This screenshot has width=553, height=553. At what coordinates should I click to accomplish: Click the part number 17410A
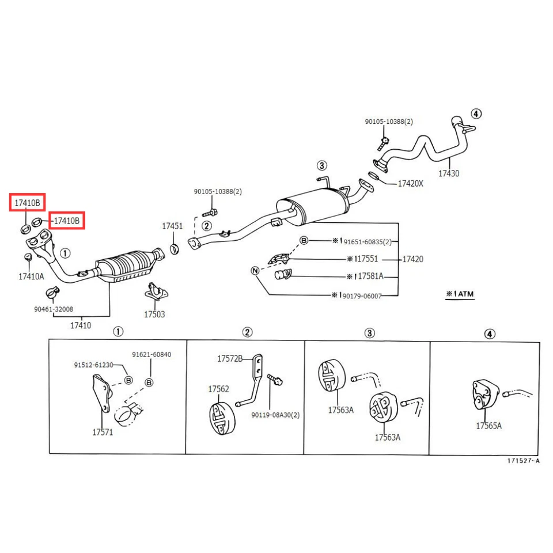31,276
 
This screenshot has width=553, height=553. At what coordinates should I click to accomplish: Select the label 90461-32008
54,309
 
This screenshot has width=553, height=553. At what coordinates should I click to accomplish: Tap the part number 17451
172,226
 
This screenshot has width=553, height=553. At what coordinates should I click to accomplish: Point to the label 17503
154,315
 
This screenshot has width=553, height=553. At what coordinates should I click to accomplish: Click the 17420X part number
410,183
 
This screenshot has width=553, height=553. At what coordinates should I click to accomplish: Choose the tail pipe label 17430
449,173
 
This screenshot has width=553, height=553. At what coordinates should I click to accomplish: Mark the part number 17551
365,259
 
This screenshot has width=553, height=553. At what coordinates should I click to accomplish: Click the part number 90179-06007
361,296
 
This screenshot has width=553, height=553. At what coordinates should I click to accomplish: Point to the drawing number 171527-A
523,461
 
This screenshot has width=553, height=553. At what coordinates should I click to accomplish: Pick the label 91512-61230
93,365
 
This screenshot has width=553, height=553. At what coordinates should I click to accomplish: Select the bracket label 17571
103,431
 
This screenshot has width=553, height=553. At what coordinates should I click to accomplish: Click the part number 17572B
230,358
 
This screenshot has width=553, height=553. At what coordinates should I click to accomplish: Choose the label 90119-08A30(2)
275,415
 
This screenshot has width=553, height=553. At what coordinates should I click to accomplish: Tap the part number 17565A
488,426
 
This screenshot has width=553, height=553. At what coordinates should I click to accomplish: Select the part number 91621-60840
151,354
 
